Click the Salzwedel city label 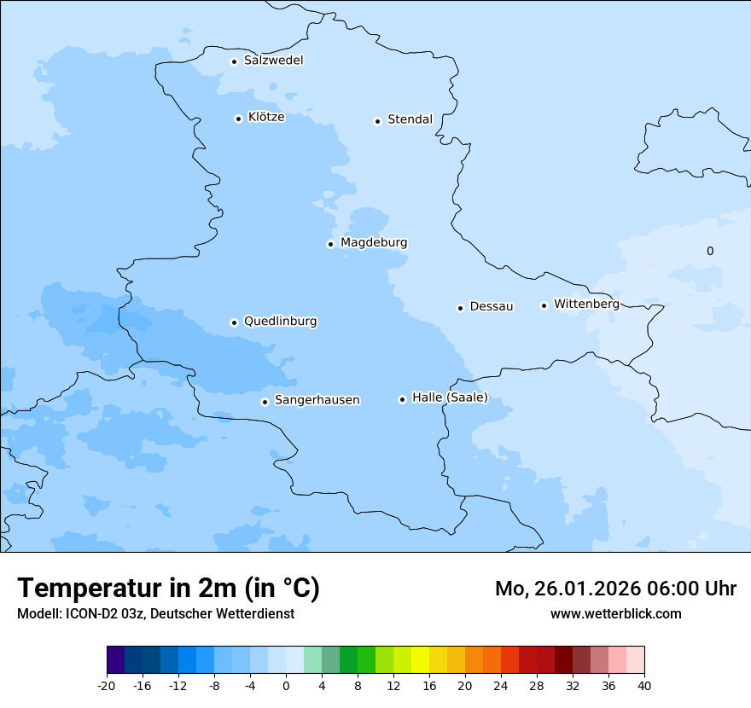point(273,61)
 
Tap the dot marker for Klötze point(238,119)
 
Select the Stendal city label point(410,119)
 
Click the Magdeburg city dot point(330,244)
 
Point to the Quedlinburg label point(280,322)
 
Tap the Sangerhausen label point(317,400)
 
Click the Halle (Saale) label point(450,398)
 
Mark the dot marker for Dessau point(460,308)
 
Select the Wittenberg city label point(586,304)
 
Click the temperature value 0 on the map point(710,251)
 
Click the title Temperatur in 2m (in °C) point(169,588)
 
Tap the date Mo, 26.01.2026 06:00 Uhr point(615,589)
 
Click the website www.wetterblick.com point(615,613)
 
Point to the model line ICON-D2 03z point(155,613)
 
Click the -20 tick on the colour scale point(107,685)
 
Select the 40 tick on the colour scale point(644,685)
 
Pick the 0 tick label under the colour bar point(286,685)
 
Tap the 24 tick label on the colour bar point(501,685)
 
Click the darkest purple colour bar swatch point(116,660)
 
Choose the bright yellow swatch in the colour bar point(421,660)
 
